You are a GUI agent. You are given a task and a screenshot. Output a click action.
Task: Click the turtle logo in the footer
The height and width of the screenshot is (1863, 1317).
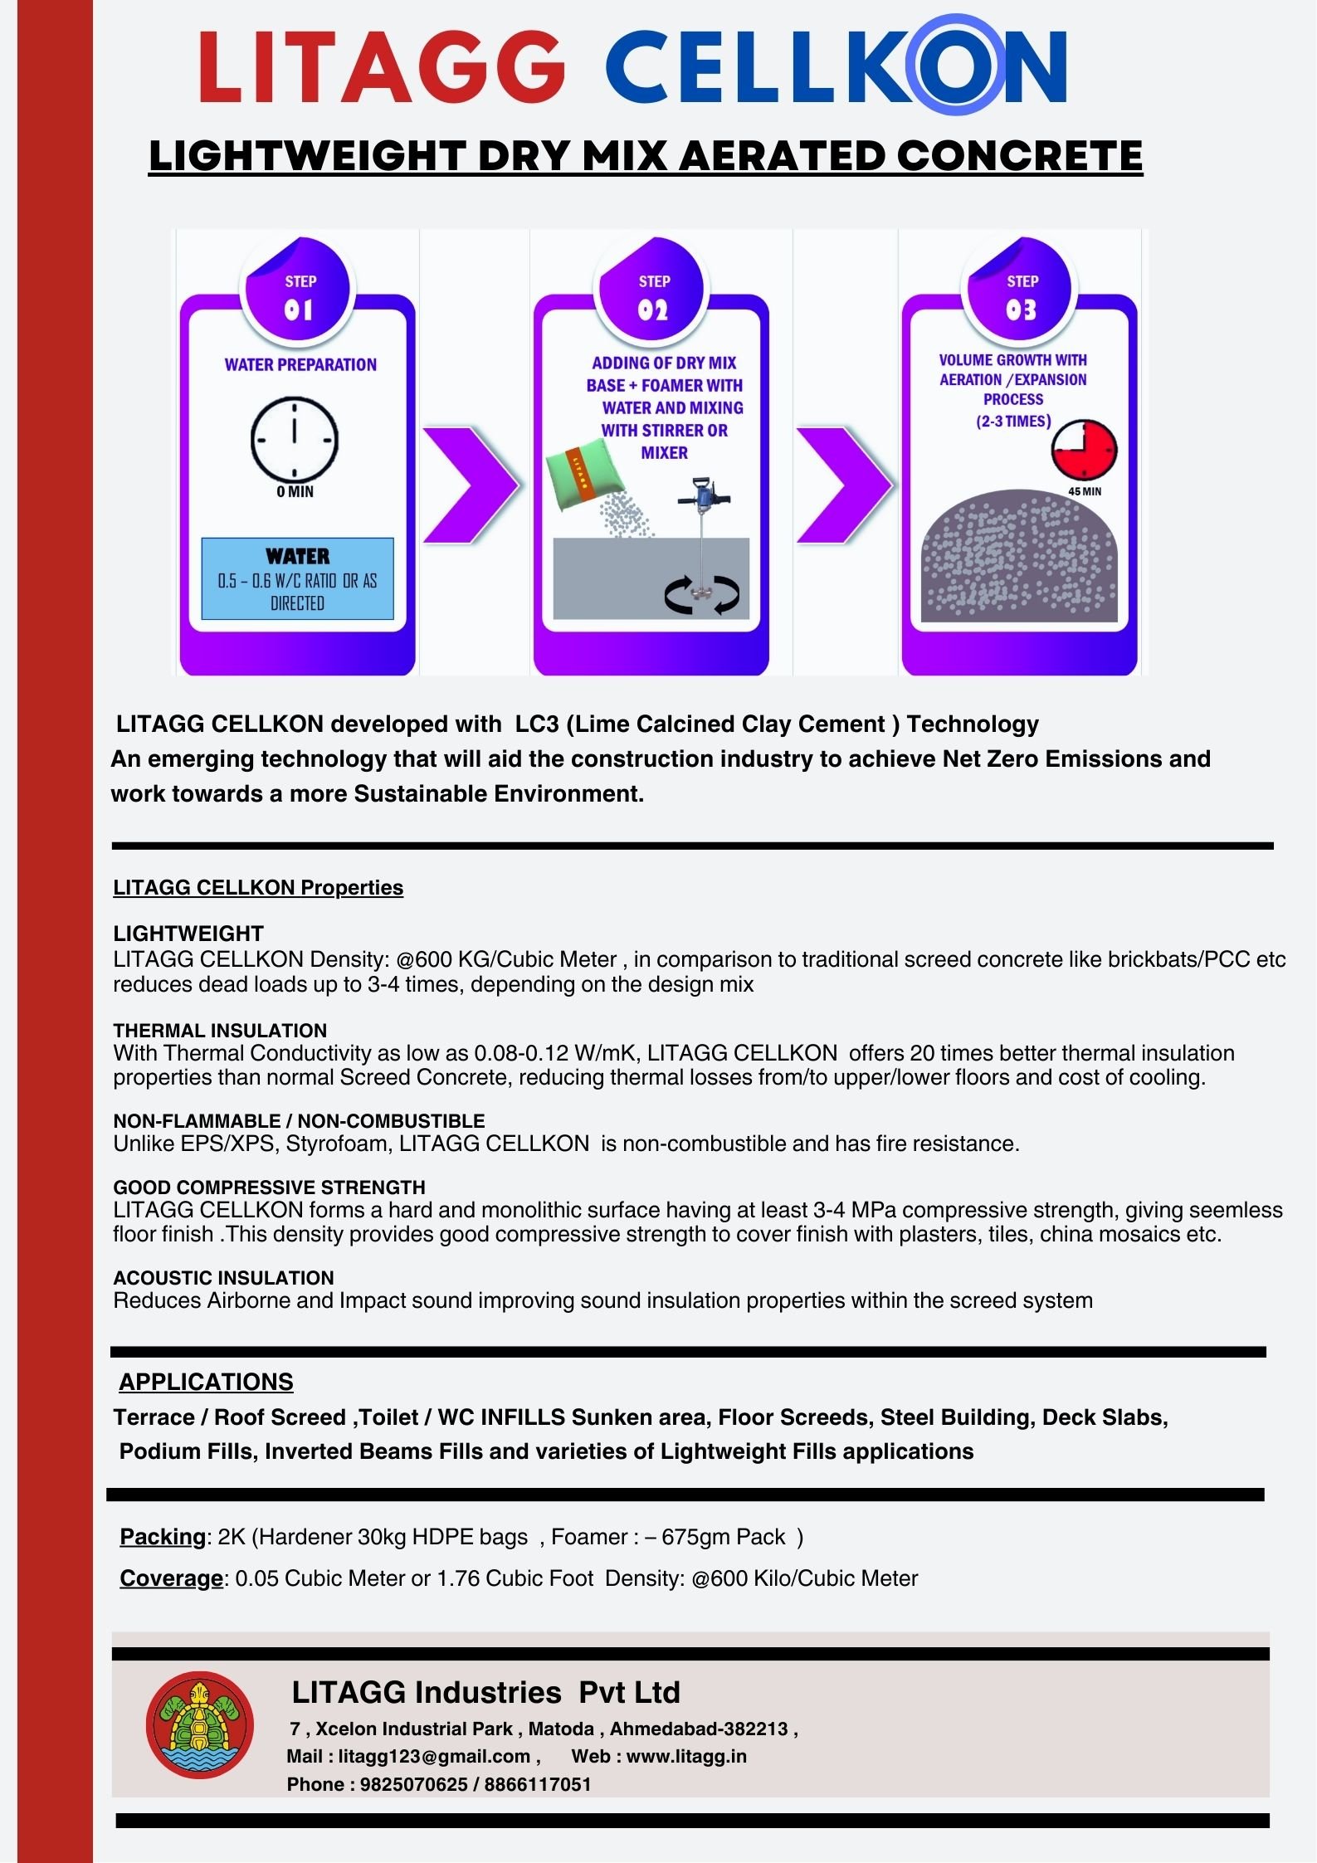[x=199, y=1725]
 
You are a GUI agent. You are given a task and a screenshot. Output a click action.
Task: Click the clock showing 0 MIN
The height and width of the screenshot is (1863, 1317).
[x=295, y=439]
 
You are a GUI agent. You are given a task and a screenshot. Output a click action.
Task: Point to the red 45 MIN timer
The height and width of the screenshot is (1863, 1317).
[x=1084, y=450]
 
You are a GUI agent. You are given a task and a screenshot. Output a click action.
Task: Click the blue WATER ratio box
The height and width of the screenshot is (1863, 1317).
[x=297, y=578]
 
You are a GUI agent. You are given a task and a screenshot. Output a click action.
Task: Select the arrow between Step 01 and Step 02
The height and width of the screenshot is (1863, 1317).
[x=470, y=485]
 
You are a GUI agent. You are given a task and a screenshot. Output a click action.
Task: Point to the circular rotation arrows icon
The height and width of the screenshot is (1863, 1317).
[x=702, y=595]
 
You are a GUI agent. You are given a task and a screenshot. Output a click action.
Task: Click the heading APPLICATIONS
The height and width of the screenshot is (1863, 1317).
[x=206, y=1382]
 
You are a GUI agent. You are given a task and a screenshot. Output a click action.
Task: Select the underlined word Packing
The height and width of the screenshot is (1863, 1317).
[x=163, y=1537]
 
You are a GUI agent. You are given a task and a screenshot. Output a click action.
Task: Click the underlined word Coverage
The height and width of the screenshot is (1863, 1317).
[x=171, y=1578]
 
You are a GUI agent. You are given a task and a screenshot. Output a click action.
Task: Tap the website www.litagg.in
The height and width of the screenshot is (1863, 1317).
[x=686, y=1756]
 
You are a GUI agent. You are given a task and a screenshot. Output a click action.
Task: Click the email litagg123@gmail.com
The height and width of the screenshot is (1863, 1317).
[x=434, y=1756]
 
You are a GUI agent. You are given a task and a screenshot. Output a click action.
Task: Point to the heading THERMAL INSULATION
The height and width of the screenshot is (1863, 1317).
[x=220, y=1030]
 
